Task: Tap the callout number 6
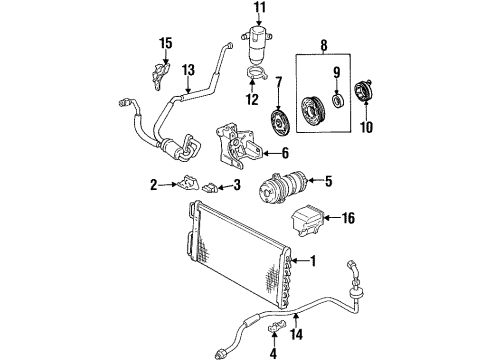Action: click(285, 153)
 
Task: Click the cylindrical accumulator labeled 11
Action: click(260, 47)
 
